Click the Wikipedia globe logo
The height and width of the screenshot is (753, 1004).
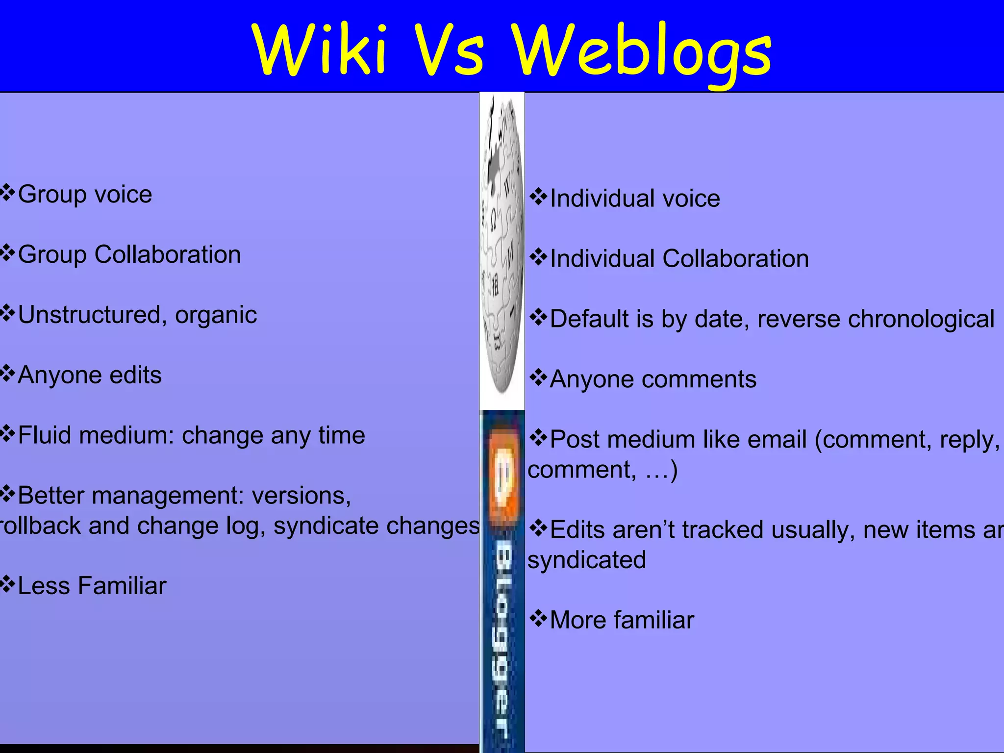click(502, 245)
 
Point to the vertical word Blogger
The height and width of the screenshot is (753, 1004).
click(502, 637)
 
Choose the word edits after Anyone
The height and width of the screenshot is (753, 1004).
click(135, 375)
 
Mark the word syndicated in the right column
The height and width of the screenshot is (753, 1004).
click(587, 560)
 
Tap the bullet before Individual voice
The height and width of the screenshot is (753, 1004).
click(538, 197)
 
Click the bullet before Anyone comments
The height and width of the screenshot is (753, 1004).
click(538, 378)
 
